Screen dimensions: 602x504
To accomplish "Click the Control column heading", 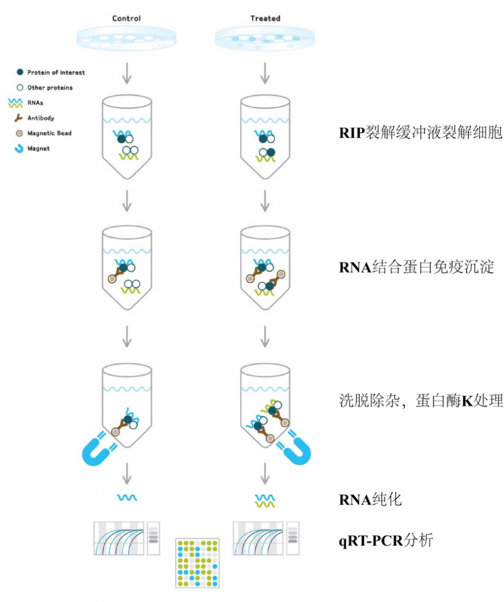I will pyautogui.click(x=126, y=18).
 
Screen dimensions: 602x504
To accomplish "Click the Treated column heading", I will pyautogui.click(x=265, y=18).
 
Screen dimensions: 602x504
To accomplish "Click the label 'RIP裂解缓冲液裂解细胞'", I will pyautogui.click(x=420, y=133).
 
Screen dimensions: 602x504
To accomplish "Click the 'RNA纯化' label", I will pyautogui.click(x=370, y=500).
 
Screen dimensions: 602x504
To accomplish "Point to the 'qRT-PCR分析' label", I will pyautogui.click(x=386, y=540).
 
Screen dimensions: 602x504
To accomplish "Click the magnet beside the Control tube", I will pyautogui.click(x=98, y=446).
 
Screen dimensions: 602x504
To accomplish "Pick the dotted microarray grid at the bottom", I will pyautogui.click(x=197, y=563).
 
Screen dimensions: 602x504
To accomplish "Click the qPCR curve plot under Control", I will pyautogui.click(x=118, y=538).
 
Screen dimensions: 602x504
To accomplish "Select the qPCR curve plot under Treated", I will pyautogui.click(x=258, y=538).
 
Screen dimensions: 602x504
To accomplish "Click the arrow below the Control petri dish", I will pyautogui.click(x=127, y=72).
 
